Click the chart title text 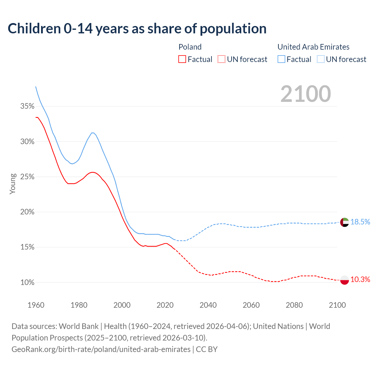(137, 29)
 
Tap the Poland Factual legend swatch (182, 59)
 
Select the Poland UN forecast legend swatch (221, 59)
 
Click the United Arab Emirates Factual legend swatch (281, 59)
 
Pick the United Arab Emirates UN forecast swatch (321, 59)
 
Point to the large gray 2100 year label (306, 94)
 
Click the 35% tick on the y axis (27, 106)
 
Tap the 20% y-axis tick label (27, 212)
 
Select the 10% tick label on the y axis (27, 283)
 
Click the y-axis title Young (13, 184)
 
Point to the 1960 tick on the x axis (36, 305)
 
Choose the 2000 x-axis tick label (122, 305)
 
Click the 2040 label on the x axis (208, 305)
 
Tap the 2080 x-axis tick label (294, 305)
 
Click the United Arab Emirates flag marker (345, 222)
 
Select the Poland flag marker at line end (345, 280)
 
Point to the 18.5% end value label (360, 222)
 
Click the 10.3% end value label (360, 280)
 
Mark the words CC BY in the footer (207, 349)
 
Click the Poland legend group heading (190, 47)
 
